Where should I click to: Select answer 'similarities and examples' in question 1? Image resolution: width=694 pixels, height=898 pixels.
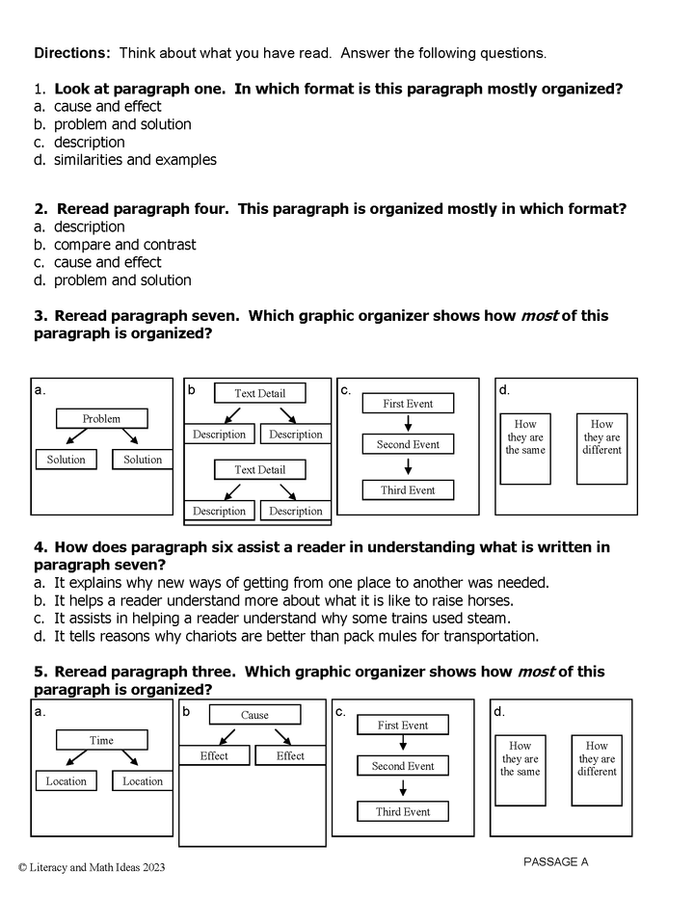pos(135,160)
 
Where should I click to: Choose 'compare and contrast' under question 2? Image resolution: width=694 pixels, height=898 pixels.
pos(124,245)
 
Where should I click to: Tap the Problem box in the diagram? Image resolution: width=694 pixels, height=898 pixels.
pos(102,418)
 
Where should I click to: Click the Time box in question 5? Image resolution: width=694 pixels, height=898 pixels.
pos(102,740)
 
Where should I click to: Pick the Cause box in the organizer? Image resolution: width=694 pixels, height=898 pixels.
pos(254,715)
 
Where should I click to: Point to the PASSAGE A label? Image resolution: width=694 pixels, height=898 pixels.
pos(555,861)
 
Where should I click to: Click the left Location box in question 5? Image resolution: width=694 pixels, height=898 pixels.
pos(67,781)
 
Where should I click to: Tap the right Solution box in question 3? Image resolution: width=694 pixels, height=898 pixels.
pos(143,460)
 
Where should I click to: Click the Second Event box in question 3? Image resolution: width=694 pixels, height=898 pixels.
pos(408,444)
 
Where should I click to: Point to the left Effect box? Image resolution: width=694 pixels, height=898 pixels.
pos(215,756)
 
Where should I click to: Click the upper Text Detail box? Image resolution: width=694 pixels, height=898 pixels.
pos(259,393)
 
